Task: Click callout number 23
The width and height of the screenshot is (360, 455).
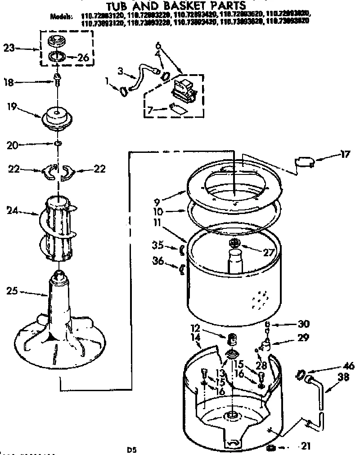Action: click(9, 48)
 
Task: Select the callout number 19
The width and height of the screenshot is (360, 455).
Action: click(12, 107)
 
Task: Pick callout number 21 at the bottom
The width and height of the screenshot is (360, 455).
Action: click(306, 446)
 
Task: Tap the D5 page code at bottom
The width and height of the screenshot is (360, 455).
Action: click(131, 449)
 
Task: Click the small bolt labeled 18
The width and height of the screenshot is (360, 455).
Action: click(58, 80)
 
